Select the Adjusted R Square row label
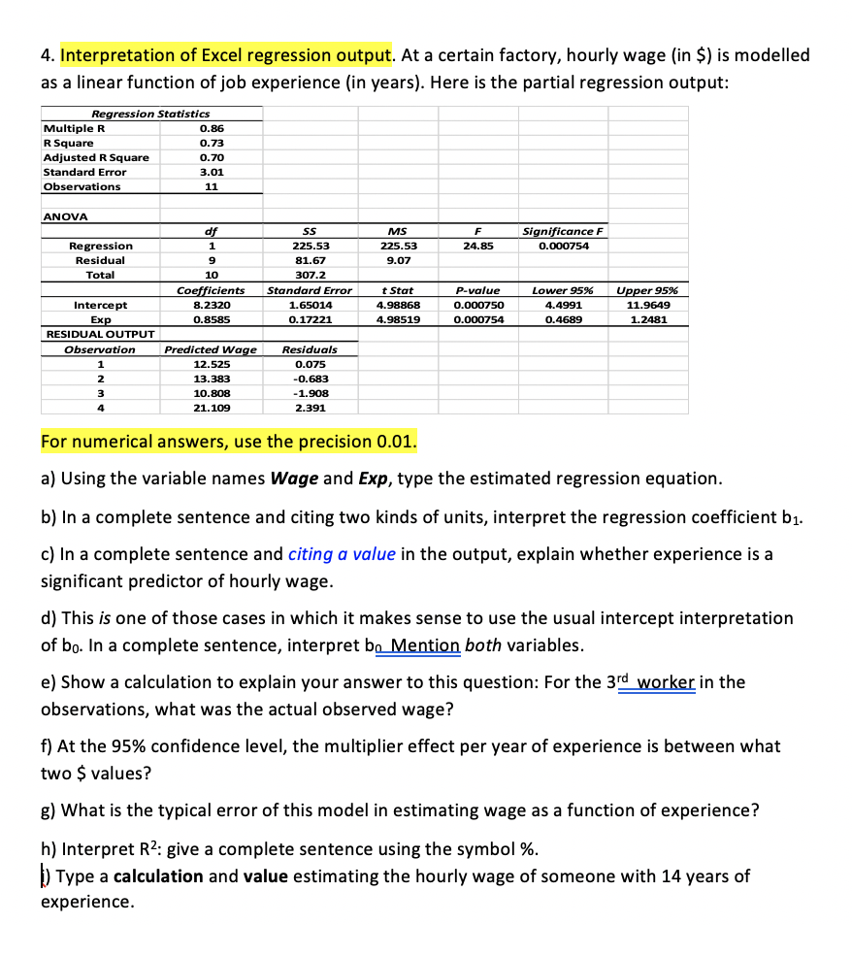click(x=96, y=157)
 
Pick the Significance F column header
click(x=563, y=231)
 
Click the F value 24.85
click(x=479, y=246)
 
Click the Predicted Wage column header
click(x=211, y=348)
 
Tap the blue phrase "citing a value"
click(x=342, y=554)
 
